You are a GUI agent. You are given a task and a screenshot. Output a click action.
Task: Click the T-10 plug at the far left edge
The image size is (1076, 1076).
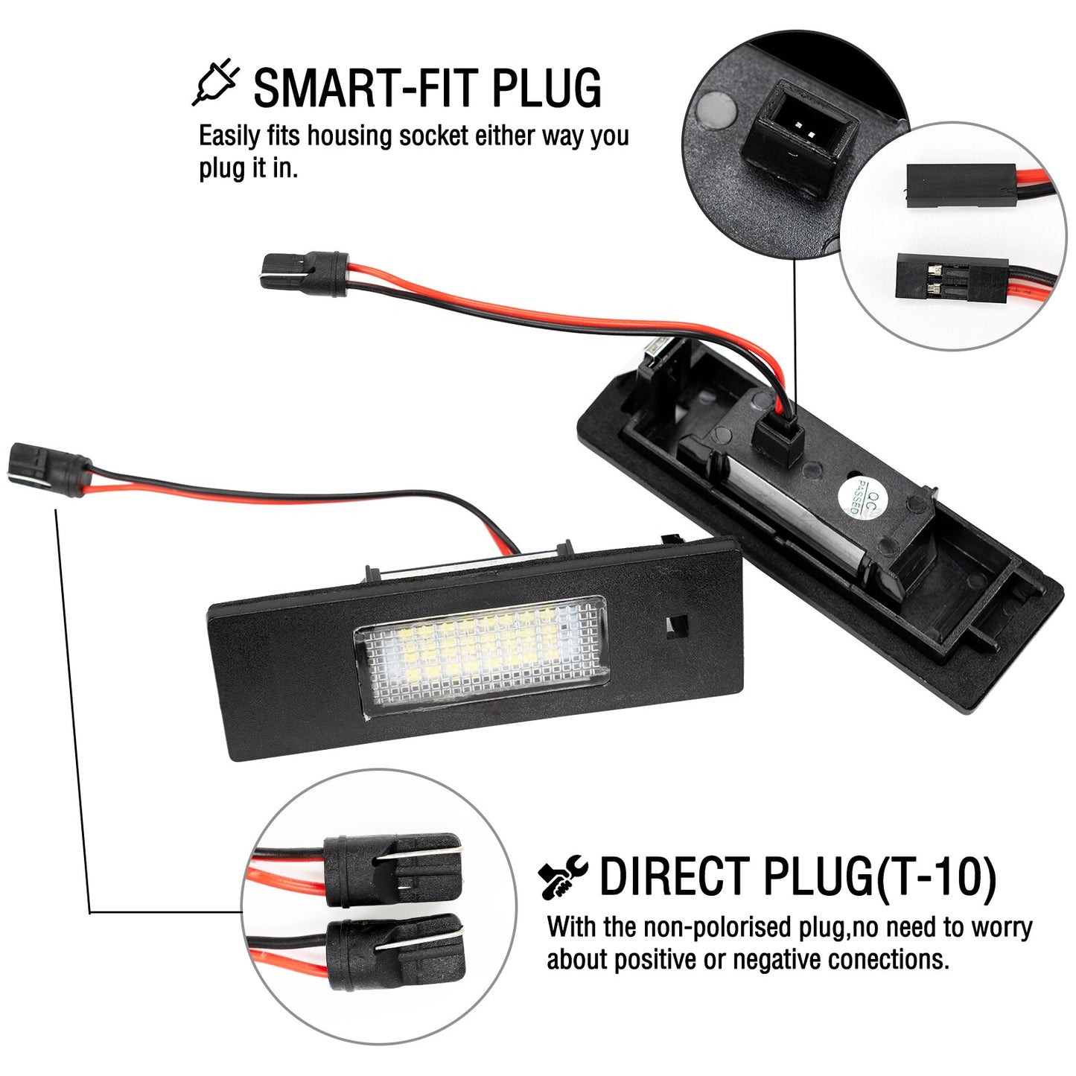pos(49,469)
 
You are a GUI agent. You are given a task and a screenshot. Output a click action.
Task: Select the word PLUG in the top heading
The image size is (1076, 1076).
pos(546,88)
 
